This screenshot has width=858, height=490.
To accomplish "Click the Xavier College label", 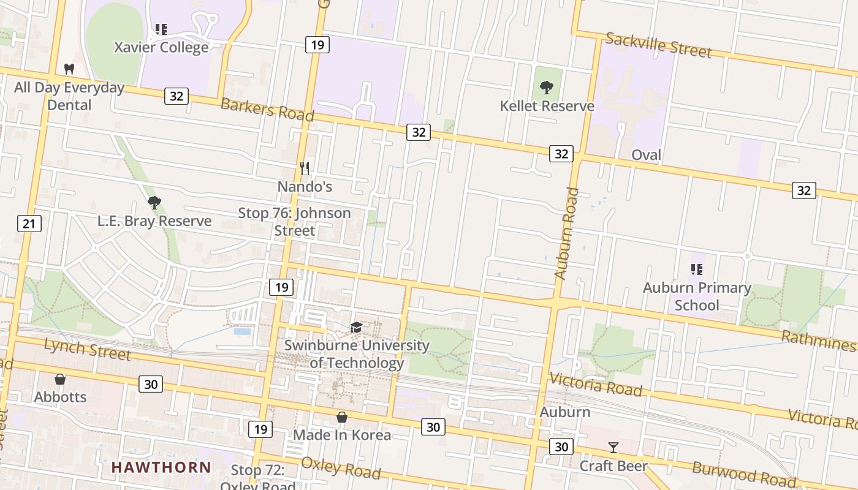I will [x=162, y=47].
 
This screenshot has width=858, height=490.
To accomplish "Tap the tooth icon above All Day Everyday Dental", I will [x=69, y=69].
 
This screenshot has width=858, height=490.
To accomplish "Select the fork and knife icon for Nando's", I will [x=305, y=168].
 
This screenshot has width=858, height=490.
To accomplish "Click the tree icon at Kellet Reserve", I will [x=547, y=88].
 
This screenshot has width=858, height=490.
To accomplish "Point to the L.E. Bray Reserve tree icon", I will [x=154, y=202].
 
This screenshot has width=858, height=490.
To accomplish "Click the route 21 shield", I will [x=29, y=224].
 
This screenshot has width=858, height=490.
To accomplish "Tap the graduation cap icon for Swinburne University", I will [x=356, y=327].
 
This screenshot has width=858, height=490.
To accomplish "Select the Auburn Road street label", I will [x=566, y=234].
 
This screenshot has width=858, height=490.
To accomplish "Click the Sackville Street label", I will [x=658, y=46].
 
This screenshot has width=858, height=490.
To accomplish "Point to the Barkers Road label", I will [x=267, y=109].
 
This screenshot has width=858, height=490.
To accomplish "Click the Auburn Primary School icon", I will [x=696, y=269].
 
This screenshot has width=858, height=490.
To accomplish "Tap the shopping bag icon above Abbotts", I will [x=60, y=379].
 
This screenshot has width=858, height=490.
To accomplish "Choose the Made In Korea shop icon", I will [x=342, y=417].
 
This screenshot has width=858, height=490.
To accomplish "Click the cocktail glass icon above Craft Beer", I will [x=613, y=447].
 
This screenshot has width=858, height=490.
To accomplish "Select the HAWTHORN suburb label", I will [x=161, y=467].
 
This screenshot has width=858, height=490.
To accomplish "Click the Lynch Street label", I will [x=87, y=350].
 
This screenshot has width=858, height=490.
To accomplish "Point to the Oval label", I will [x=646, y=155].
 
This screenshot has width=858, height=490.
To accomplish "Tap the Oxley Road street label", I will [x=341, y=469].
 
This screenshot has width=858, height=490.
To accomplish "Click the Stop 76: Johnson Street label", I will [x=294, y=222].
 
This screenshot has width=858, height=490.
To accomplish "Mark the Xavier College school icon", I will [x=161, y=29].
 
